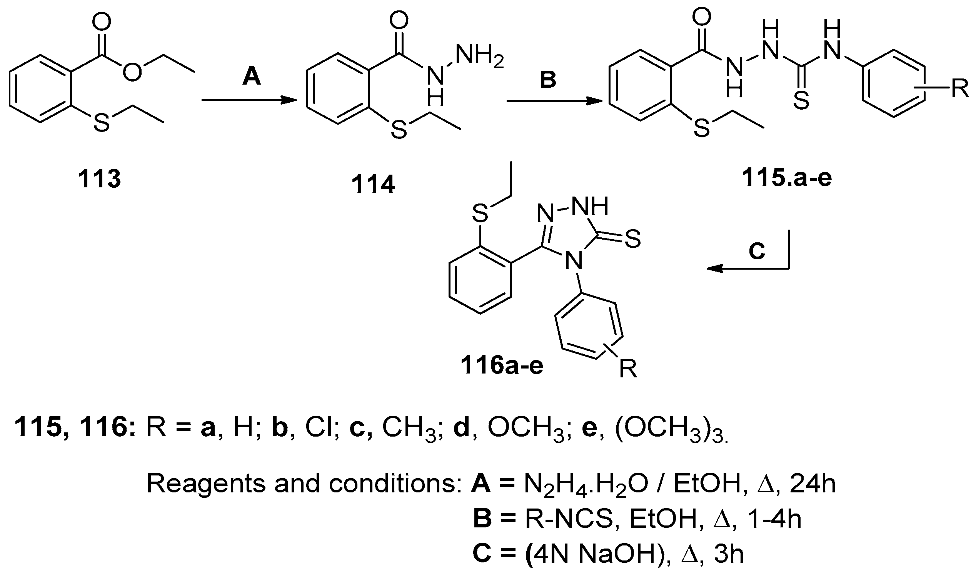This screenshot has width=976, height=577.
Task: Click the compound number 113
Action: tap(100, 179)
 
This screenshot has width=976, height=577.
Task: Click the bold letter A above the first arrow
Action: tap(252, 76)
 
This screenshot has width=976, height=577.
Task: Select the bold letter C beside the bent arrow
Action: tap(757, 251)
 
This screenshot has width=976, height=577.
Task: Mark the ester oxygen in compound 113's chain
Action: tap(132, 72)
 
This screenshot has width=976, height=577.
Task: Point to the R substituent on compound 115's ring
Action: tap(960, 89)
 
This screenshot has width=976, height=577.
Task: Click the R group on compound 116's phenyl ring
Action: tap(628, 369)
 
